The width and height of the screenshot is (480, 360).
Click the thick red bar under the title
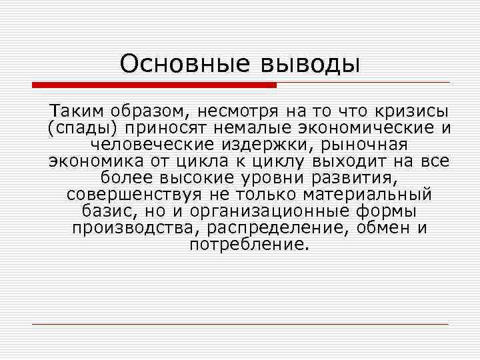[x=154, y=85]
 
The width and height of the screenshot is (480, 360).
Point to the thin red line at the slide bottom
[x=240, y=325]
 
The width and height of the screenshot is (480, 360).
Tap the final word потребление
[x=249, y=245]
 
